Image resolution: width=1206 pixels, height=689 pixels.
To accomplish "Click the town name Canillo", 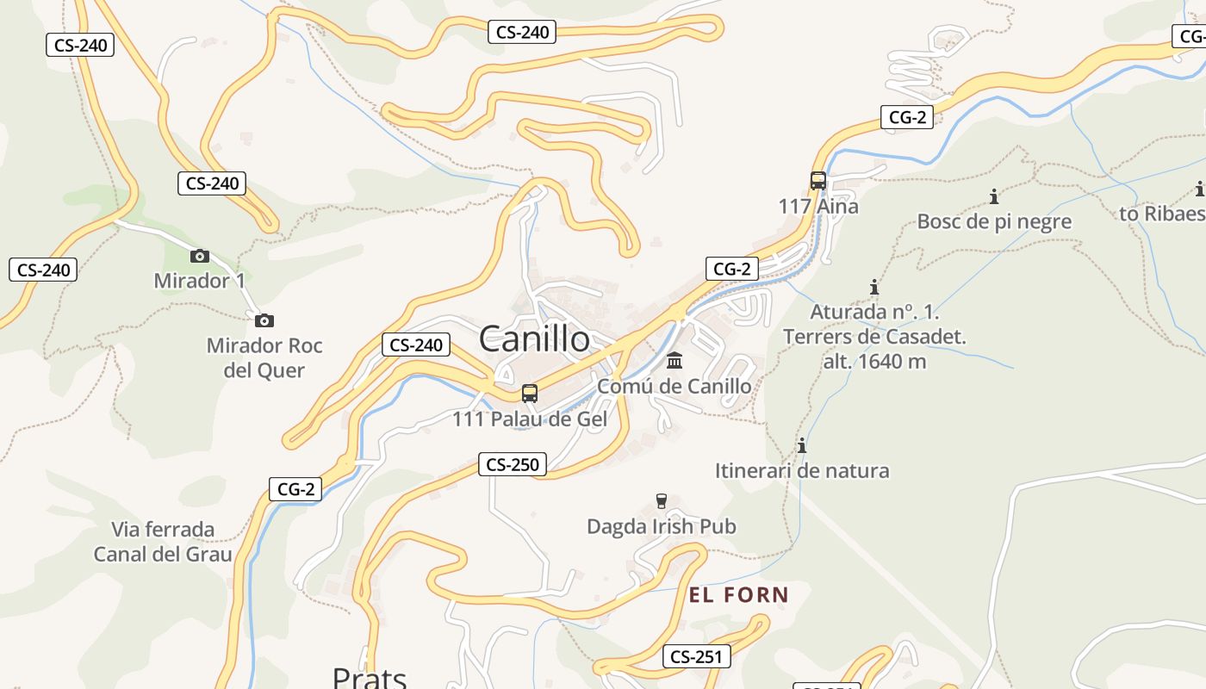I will coord(534,338).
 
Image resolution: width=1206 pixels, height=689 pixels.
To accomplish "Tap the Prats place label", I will coord(370,677).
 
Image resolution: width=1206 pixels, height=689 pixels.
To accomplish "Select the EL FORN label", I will coord(739,594).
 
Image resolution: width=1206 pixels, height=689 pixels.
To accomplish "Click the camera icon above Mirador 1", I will coord(199,256).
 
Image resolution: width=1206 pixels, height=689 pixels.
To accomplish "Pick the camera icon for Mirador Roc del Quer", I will coord(264,320).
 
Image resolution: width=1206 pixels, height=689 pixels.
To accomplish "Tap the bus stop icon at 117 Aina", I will coord(818,181).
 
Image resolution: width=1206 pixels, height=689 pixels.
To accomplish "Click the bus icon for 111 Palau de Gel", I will coord(530,394).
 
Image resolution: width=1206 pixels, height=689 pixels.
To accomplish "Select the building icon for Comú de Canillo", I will coord(674,360).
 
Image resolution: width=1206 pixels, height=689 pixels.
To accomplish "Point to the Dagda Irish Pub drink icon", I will coord(662,500).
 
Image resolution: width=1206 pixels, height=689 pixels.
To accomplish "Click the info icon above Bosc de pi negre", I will coord(994,196).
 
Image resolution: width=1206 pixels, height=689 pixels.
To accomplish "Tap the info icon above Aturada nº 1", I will coord(874,287).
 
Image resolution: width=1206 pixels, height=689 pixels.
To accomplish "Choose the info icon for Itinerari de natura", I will coord(802,445).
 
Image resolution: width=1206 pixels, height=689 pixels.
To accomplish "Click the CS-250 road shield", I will coord(513,465).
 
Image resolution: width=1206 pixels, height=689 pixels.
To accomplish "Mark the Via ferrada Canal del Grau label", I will coord(163,541).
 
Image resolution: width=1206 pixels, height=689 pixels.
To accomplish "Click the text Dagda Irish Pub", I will coord(662,525).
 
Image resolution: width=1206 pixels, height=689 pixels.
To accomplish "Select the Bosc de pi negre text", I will coord(994,221).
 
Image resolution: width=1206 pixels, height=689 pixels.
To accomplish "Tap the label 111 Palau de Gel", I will coord(530,419).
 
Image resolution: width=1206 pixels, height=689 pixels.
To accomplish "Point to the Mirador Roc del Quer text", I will coord(264,357).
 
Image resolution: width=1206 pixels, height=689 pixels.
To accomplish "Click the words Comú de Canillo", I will coord(674,386).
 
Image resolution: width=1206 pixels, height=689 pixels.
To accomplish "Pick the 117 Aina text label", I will coord(818,207).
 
